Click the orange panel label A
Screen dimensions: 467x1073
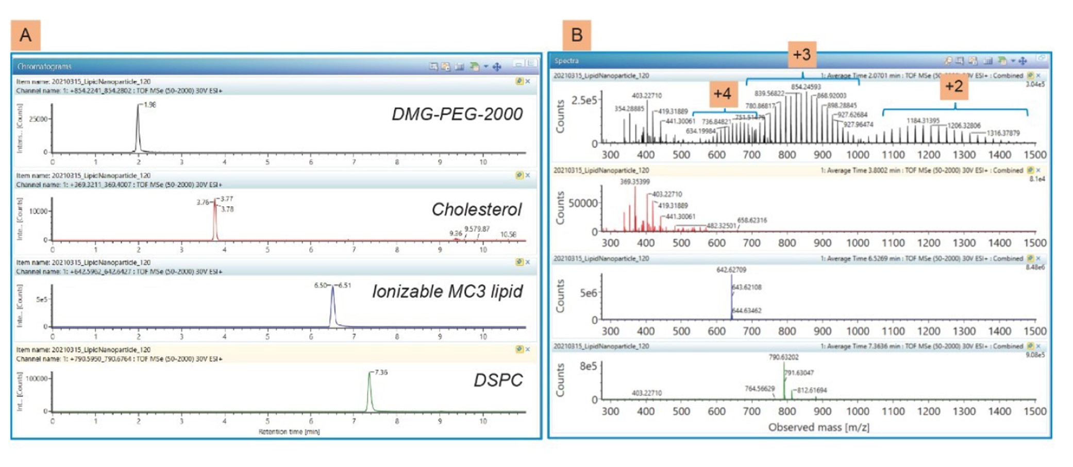pos(25,35)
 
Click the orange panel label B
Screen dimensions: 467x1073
pos(576,35)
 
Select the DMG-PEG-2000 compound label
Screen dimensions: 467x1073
pos(457,114)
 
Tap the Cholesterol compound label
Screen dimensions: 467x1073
pos(476,209)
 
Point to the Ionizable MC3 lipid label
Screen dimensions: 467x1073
pos(447,291)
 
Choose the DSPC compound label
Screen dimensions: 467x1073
pos(498,380)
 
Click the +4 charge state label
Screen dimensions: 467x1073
pos(722,93)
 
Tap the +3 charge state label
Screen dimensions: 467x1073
pos(801,54)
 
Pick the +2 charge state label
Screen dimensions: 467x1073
pos(954,86)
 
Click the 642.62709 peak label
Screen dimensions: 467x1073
pos(731,270)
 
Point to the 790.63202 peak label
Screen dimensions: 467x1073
pos(783,357)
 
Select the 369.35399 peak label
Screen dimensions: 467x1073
pos(635,181)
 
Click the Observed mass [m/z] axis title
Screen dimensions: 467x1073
pos(818,427)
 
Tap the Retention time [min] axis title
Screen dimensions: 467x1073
pos(289,432)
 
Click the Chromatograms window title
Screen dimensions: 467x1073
pos(44,66)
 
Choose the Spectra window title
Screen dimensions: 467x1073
pos(566,61)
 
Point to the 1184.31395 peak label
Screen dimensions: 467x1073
pos(923,121)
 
